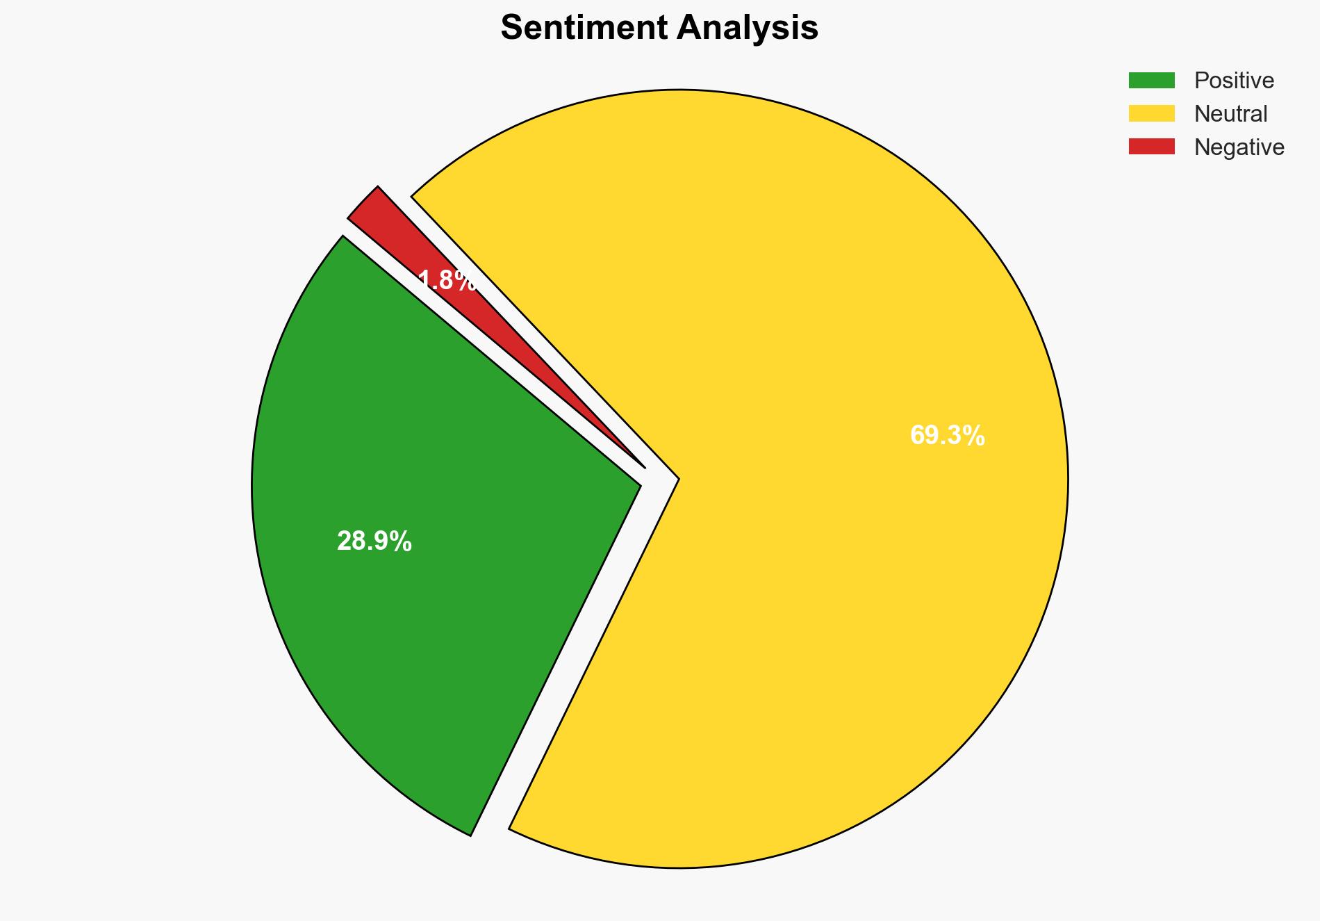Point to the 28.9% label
click(x=374, y=541)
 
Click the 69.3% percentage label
click(x=947, y=436)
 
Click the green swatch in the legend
click(x=1151, y=81)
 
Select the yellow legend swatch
click(x=1151, y=113)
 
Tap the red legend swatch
click(x=1151, y=147)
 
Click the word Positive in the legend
click(x=1234, y=81)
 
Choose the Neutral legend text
click(x=1230, y=114)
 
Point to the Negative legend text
click(x=1239, y=147)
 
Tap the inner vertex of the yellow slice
click(x=677, y=479)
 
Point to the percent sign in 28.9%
click(x=402, y=541)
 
